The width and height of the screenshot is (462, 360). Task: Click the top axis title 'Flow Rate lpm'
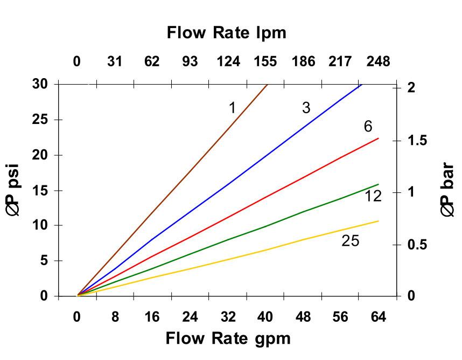[x=226, y=33]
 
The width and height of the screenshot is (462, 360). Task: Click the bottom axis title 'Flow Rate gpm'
[x=228, y=338]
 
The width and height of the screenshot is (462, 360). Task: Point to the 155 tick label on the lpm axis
[x=265, y=61]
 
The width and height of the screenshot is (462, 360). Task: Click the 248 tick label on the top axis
[x=378, y=61]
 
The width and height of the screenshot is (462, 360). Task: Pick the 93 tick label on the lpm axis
[x=190, y=61]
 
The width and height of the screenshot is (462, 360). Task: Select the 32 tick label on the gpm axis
[x=228, y=317]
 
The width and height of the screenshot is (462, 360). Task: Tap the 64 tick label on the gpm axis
[x=378, y=317]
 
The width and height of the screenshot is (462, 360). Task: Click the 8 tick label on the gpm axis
[x=115, y=317]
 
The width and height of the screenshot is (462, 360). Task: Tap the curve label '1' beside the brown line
[x=232, y=108]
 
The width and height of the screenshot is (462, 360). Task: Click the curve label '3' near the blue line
[x=306, y=108]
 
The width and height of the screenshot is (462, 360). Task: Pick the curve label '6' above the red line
[x=368, y=127]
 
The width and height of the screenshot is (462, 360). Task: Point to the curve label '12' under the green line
[x=373, y=196]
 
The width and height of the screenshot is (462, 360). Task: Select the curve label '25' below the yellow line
[x=350, y=241]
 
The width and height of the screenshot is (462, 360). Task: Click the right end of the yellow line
[x=379, y=221]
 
